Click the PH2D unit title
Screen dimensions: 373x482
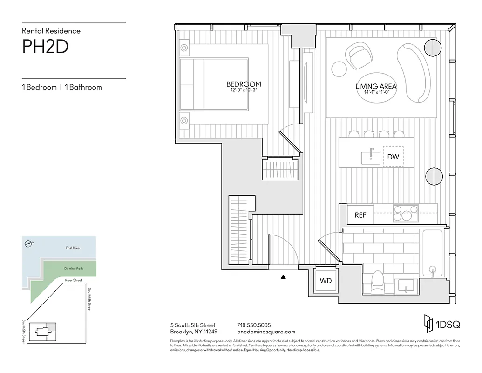[45, 47]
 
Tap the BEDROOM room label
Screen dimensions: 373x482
[244, 84]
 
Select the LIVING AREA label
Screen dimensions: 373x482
[376, 86]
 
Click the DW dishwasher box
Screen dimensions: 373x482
[393, 157]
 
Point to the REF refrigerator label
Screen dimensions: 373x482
[360, 215]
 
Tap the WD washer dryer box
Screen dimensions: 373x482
[326, 281]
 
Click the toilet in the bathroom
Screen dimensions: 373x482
[377, 283]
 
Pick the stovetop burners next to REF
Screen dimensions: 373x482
[406, 214]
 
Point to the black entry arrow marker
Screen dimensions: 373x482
[283, 277]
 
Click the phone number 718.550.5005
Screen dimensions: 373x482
[254, 325]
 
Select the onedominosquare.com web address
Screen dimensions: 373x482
[266, 332]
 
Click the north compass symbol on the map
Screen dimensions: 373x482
[29, 243]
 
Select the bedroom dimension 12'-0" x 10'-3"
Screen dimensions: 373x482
[244, 90]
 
